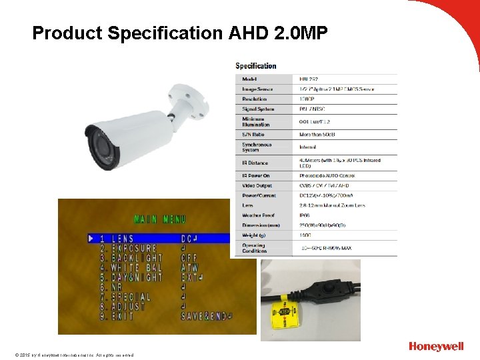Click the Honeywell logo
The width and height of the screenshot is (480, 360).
pos(436,347)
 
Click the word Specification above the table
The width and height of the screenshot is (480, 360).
pos(256,66)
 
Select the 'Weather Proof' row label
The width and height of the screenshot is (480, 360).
pos(258,215)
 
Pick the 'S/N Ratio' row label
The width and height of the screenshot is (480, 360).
pos(253,134)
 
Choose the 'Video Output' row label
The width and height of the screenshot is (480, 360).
pos(257,185)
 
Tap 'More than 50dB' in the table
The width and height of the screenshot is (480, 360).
pos(318,134)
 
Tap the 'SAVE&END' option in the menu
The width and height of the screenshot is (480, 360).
pos(203,316)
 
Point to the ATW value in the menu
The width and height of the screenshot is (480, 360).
pos(189,267)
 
